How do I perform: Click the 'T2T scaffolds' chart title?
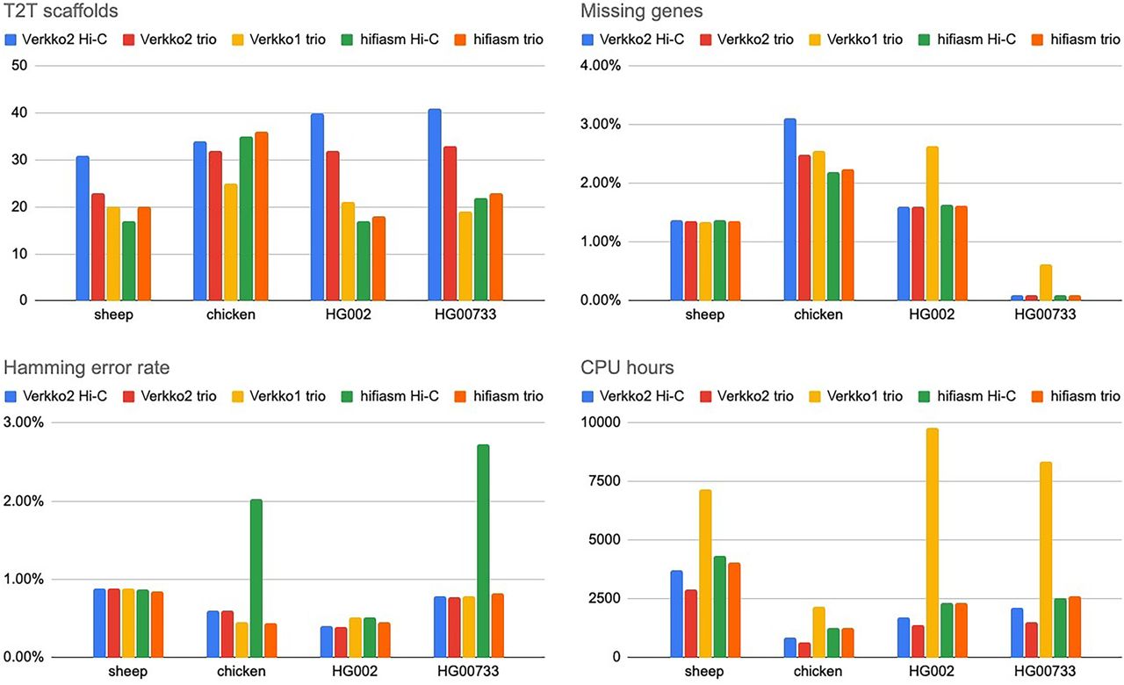tap(61, 11)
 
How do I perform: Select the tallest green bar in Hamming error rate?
tap(483, 551)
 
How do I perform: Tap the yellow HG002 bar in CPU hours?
tap(933, 543)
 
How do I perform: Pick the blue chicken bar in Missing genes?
tap(789, 209)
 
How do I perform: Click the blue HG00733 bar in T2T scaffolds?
tap(435, 205)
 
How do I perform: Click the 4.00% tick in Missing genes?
tap(601, 65)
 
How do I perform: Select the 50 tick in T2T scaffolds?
tap(19, 65)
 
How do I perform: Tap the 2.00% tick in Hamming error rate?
tap(24, 501)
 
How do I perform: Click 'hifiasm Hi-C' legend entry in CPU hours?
tap(967, 396)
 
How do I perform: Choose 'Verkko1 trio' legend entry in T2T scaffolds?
tap(278, 40)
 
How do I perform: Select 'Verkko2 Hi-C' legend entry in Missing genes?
tap(633, 40)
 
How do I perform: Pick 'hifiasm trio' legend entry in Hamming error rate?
tap(499, 396)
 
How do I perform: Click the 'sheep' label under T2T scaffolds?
tap(114, 314)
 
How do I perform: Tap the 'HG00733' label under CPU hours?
tap(1045, 671)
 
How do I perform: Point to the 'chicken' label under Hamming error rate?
tap(241, 671)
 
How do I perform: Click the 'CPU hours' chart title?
tap(627, 368)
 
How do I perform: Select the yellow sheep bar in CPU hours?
tap(705, 573)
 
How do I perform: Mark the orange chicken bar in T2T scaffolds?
tap(262, 216)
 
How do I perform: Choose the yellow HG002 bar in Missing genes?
tap(933, 223)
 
